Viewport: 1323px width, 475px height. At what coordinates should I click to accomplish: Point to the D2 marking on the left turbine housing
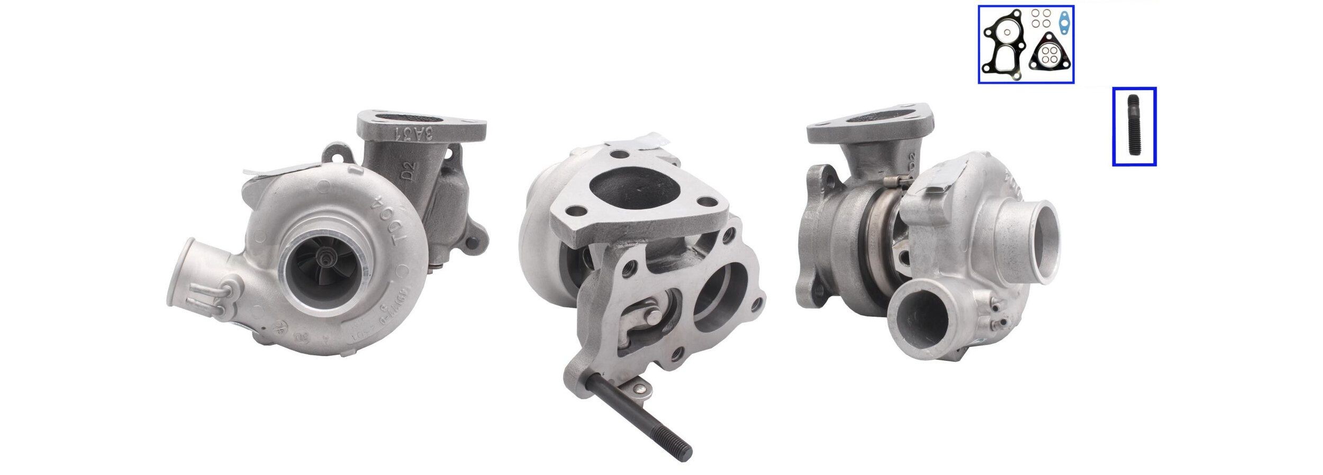(x=410, y=170)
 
